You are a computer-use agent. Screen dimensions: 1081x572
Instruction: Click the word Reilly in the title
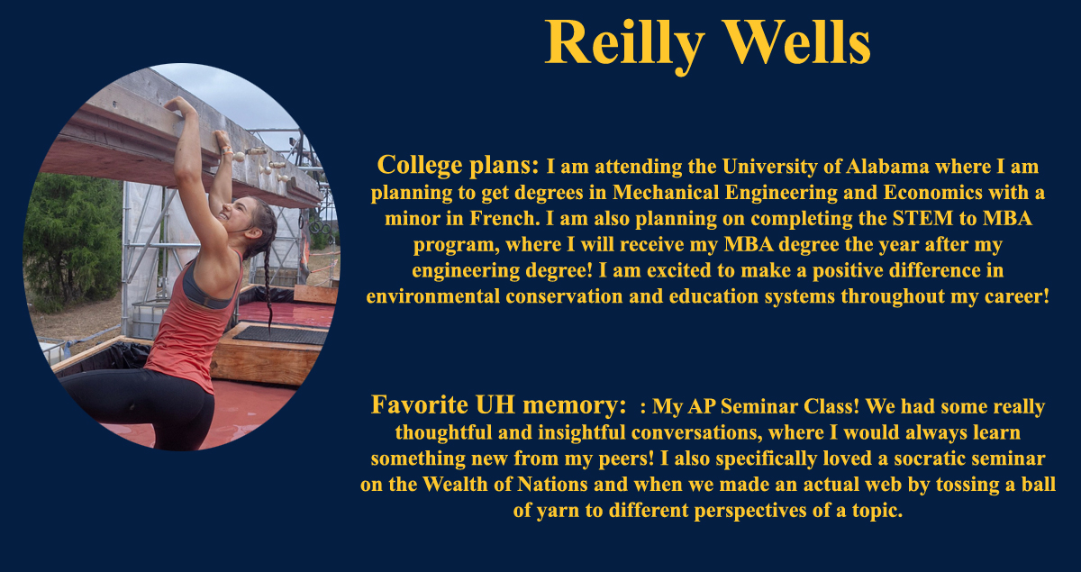[625, 45]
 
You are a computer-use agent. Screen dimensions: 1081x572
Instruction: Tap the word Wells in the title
[799, 42]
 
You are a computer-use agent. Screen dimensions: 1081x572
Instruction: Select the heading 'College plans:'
[458, 166]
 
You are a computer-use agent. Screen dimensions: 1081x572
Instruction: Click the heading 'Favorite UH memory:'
[498, 404]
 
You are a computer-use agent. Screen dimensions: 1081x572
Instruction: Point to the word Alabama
[887, 167]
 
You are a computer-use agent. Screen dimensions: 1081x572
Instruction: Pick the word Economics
[932, 193]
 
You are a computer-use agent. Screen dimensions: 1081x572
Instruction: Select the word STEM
[922, 219]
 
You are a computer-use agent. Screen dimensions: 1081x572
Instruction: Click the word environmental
[433, 296]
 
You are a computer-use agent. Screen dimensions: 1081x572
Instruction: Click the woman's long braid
[268, 275]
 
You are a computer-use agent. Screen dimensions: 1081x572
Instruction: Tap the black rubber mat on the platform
[280, 334]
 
